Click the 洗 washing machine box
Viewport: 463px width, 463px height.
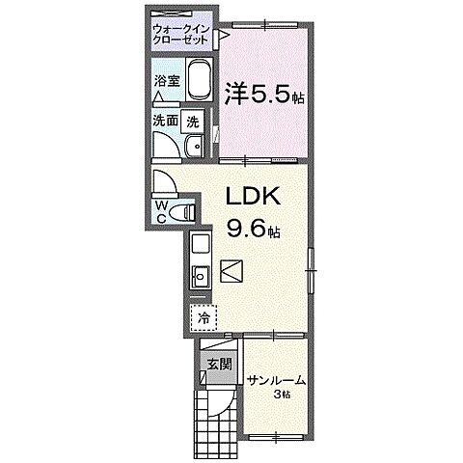194,123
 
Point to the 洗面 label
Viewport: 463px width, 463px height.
164,122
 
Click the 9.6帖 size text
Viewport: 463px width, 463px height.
254,231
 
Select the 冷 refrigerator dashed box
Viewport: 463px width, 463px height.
204,315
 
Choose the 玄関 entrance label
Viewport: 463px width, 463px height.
218,364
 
